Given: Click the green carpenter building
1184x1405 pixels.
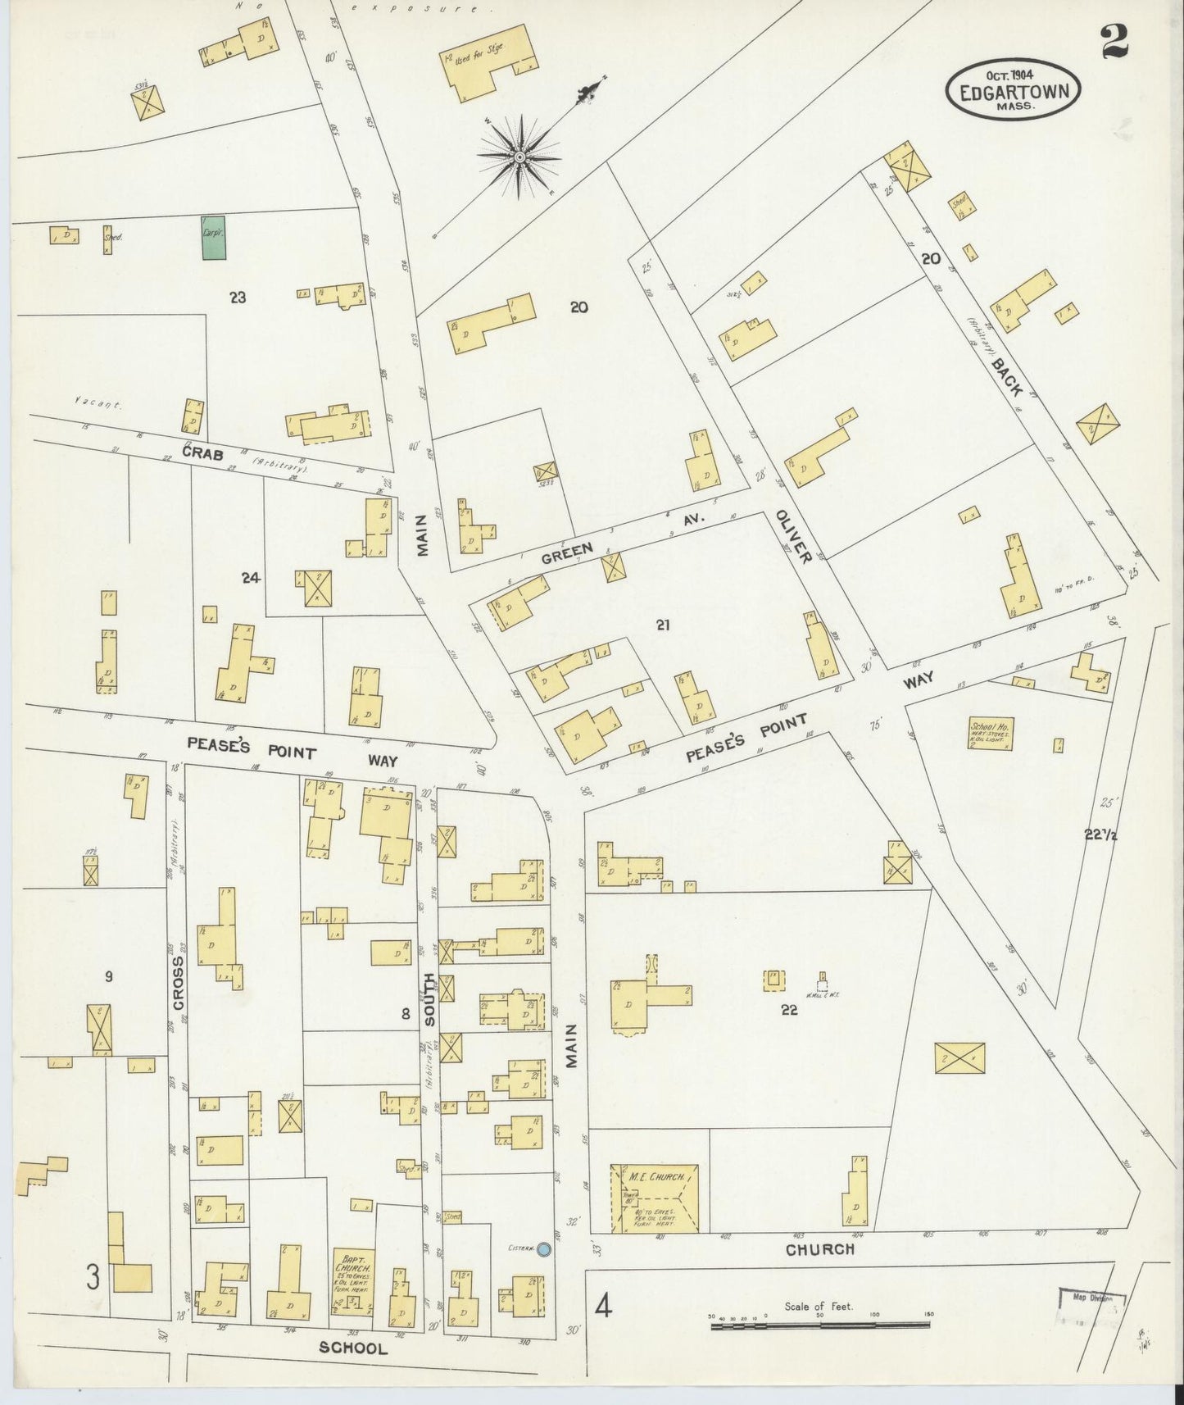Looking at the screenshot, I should (214, 238).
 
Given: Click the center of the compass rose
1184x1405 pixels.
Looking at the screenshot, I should (519, 157).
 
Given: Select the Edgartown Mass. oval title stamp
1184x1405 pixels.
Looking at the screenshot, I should (1014, 90).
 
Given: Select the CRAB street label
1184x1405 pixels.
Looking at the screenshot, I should (203, 452).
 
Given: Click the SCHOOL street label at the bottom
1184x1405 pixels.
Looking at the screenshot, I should (353, 1348).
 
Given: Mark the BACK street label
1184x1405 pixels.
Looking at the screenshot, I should (1005, 375).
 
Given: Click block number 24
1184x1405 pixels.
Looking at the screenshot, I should (250, 578).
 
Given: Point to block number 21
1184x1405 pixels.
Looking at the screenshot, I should (663, 625).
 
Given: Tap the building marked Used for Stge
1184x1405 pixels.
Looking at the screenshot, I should (490, 64).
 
